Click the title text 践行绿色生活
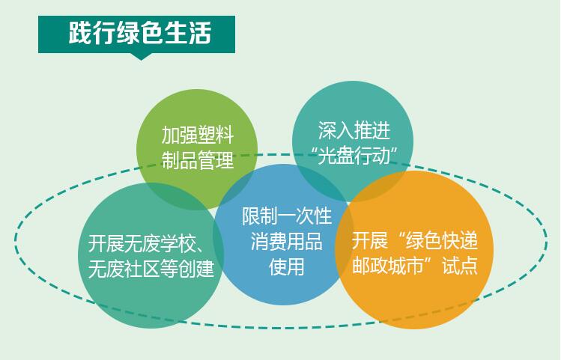coord(140,33)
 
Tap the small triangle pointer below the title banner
coord(142,56)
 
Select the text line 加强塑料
coord(198,135)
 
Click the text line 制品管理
coord(198,160)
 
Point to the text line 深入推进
coord(354,130)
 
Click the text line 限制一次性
coord(287,216)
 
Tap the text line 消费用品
coord(286,241)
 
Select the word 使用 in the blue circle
coord(286,266)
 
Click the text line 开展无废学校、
coord(146,243)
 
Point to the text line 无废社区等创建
coord(151,269)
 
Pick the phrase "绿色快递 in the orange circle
coord(437,240)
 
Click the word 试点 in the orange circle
coord(460,265)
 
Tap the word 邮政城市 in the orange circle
coord(388,265)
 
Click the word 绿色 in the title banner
coord(140,33)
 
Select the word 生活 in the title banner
coord(188,33)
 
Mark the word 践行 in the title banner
coord(92,33)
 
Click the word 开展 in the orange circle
coord(370,240)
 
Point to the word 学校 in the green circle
coord(178,243)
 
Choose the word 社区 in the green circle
coord(142,269)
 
